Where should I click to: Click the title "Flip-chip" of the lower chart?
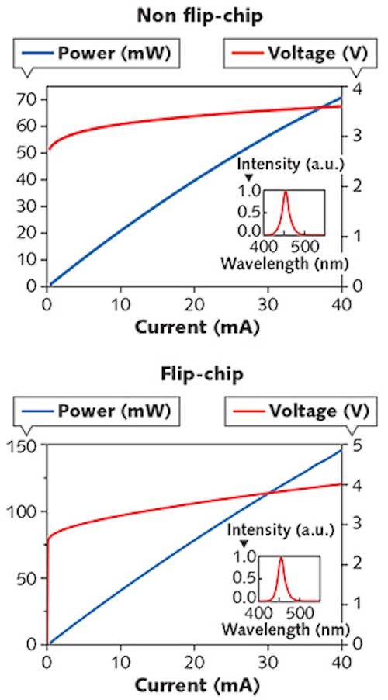tap(193, 374)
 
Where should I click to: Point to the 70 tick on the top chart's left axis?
tap(31, 99)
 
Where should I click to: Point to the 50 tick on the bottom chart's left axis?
tap(31, 578)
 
